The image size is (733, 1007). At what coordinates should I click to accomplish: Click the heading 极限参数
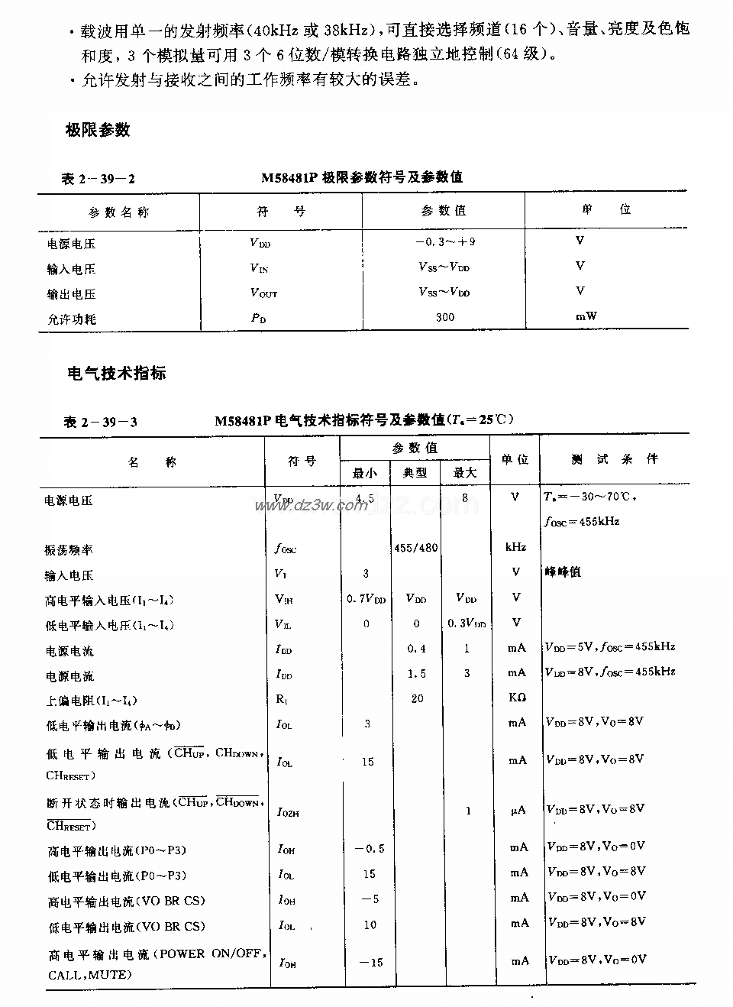coord(98,130)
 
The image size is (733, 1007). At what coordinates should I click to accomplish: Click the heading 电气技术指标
coord(117,374)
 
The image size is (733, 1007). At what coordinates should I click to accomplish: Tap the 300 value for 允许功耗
coord(444,317)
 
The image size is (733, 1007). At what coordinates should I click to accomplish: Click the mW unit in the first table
coord(586,316)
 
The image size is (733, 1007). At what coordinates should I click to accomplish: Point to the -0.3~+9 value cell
coord(444,242)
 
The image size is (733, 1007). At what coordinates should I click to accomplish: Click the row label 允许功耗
coord(72,319)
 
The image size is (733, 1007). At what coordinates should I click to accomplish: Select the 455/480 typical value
coord(415,548)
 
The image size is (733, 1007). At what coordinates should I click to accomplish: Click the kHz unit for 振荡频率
coord(516,548)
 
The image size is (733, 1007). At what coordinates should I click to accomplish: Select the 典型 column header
coord(415,473)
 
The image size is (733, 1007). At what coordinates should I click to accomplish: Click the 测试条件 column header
coord(614,459)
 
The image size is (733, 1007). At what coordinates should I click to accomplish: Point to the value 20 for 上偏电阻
coord(417,698)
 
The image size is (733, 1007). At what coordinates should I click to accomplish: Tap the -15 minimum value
coord(371,961)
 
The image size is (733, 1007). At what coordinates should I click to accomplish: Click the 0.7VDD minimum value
coord(366,598)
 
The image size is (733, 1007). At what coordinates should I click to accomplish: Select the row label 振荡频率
coord(69,550)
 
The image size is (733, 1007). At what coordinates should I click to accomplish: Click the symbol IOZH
coord(288,812)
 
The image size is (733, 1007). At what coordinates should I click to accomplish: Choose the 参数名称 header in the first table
coord(118,212)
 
